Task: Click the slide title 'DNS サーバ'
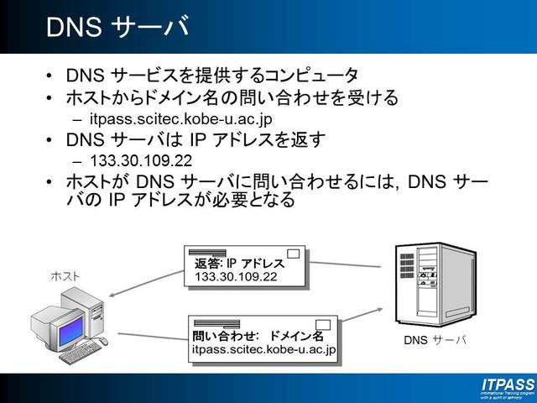[117, 27]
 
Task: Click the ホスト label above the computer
[65, 275]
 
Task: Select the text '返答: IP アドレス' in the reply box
[234, 263]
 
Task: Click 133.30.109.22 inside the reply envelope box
[236, 276]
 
